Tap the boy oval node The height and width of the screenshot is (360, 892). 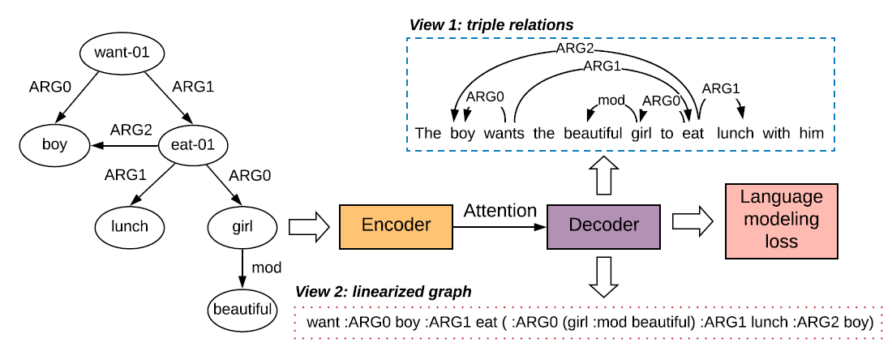click(54, 146)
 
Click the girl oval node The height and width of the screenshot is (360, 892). click(242, 225)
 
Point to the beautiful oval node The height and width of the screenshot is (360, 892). click(242, 309)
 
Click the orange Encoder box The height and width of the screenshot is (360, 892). click(395, 225)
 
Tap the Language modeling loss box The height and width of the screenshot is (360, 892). click(780, 218)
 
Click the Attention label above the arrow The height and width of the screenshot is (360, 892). click(500, 211)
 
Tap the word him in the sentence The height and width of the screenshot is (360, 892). click(811, 133)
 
